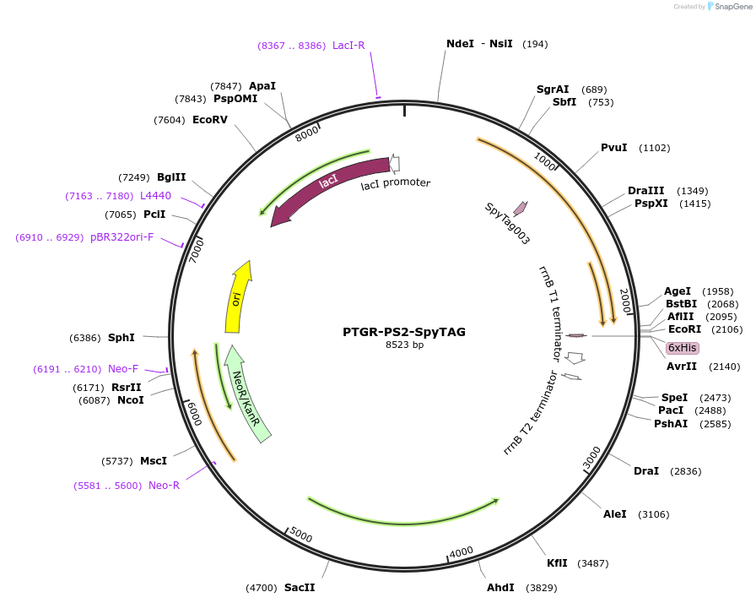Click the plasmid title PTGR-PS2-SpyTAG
tap(404, 332)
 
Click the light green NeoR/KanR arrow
tap(249, 393)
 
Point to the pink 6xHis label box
tap(682, 348)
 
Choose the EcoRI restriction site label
tap(683, 329)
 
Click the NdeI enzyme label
tap(460, 44)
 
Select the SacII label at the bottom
tap(300, 587)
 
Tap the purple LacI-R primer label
tap(348, 46)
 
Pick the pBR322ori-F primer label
tap(122, 237)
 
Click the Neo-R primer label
tap(164, 486)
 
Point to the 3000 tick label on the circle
tap(592, 458)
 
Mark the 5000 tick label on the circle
tap(300, 535)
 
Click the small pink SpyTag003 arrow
tap(521, 208)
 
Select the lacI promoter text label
tap(396, 183)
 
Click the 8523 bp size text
tap(404, 345)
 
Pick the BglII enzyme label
tap(171, 177)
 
